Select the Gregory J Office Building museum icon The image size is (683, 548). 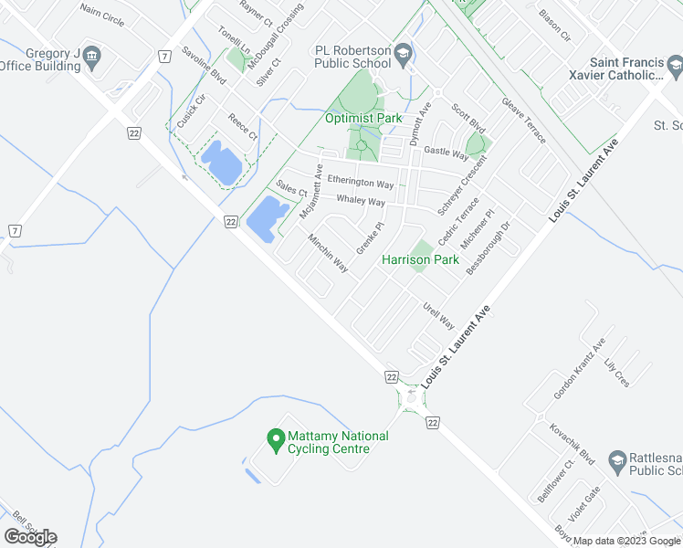(x=92, y=60)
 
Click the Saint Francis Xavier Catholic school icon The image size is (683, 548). (x=674, y=66)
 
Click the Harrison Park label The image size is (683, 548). (x=420, y=260)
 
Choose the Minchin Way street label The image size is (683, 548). (x=328, y=254)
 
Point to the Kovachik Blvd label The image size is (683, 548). (x=572, y=442)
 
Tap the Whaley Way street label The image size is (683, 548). (x=361, y=200)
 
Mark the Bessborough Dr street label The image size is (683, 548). (x=488, y=248)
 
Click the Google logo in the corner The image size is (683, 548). (x=30, y=537)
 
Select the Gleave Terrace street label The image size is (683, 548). (x=524, y=121)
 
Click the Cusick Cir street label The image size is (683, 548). (x=185, y=116)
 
